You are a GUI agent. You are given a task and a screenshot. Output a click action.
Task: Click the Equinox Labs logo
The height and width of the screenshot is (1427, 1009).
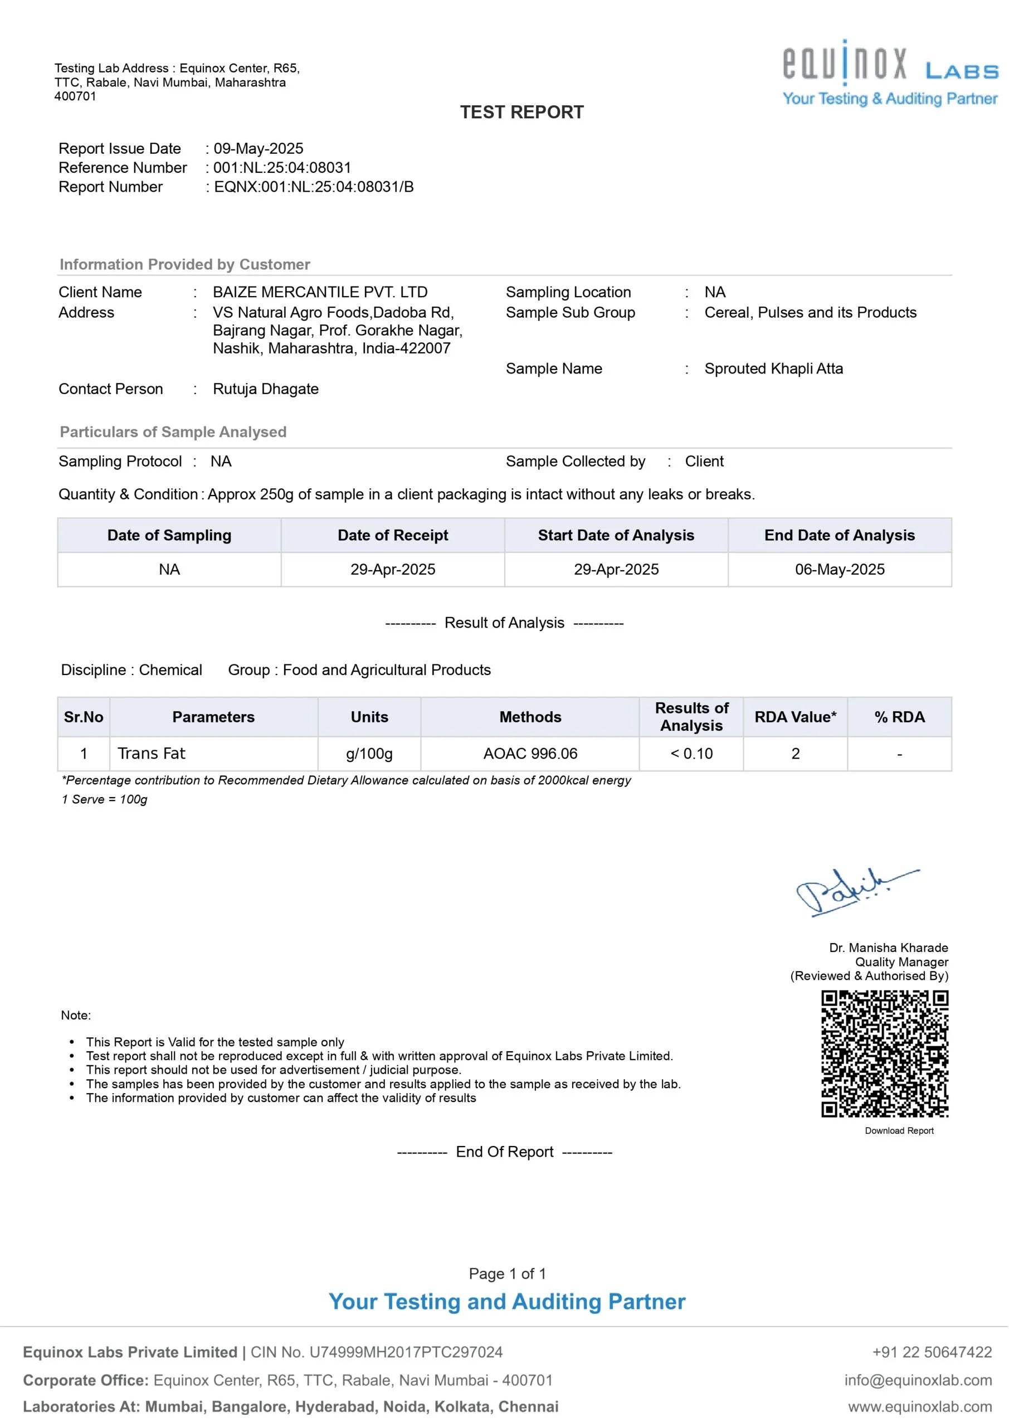click(x=890, y=72)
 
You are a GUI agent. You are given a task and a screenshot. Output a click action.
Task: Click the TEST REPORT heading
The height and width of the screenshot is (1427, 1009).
click(x=522, y=113)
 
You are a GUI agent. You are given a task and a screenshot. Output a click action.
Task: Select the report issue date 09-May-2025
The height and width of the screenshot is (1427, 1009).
click(x=259, y=148)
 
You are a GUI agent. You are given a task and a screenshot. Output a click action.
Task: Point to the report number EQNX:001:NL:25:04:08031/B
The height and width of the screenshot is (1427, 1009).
click(x=314, y=187)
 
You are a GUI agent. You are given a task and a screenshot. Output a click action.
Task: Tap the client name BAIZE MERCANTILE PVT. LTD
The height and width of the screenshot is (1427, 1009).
click(x=320, y=292)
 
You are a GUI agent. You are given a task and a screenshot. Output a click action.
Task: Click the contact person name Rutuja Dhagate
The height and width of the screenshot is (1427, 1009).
click(x=265, y=389)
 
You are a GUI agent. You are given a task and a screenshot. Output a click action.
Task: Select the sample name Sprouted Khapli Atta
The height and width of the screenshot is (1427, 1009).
click(x=773, y=368)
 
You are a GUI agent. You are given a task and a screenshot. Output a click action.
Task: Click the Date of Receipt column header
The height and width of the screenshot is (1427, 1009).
click(x=393, y=535)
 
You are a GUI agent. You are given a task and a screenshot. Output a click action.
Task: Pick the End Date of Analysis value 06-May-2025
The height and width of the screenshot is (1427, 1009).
click(x=840, y=569)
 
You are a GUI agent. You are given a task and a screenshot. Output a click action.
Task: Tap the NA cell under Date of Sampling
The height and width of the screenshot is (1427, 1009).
click(x=169, y=569)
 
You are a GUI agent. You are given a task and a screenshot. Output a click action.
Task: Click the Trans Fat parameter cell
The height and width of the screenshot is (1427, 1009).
click(x=152, y=753)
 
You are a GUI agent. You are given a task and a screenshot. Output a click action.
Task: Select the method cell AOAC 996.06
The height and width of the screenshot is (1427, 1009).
click(x=530, y=753)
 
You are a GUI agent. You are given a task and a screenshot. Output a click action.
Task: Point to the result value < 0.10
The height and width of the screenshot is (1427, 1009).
click(x=691, y=753)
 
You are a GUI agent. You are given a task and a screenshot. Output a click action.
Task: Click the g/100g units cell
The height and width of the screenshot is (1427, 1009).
click(x=369, y=753)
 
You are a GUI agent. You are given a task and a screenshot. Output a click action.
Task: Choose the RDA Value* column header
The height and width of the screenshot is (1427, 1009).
click(x=795, y=717)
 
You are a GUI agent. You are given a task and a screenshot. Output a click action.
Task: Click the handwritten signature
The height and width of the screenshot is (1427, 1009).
click(x=851, y=892)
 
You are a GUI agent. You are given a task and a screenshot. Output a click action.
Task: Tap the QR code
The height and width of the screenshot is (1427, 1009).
click(x=885, y=1054)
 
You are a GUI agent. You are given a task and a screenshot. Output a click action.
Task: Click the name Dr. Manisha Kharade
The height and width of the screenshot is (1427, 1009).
click(x=889, y=948)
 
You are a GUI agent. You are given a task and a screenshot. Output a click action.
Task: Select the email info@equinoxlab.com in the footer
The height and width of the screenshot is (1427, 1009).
click(x=918, y=1380)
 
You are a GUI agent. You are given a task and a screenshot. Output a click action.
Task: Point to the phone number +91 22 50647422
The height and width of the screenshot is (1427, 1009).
click(x=932, y=1352)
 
